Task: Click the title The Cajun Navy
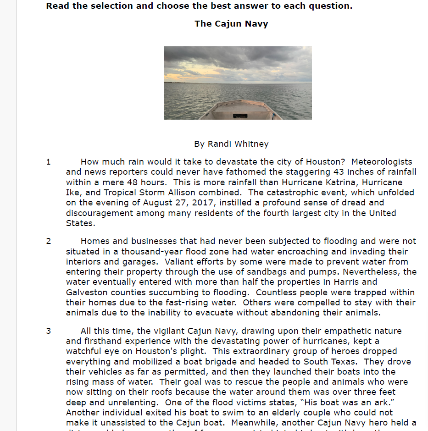[231, 24]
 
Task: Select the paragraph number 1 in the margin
[49, 162]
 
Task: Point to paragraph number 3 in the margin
[49, 331]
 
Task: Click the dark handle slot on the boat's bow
[239, 116]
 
